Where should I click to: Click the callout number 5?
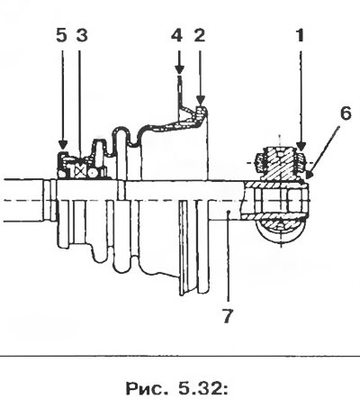61,35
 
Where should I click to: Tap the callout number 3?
82,35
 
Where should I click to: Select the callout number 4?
177,35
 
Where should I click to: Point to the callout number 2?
200,35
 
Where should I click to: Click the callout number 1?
300,35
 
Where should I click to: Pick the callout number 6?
346,113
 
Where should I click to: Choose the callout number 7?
228,316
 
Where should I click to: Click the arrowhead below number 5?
62,145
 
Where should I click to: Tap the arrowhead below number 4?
179,69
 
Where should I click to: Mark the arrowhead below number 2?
201,100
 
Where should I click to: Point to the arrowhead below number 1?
301,146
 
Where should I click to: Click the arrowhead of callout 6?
309,175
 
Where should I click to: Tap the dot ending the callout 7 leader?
229,212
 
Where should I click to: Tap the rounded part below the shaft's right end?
280,231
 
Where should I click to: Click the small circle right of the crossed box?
92,173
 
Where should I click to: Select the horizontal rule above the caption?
180,358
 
